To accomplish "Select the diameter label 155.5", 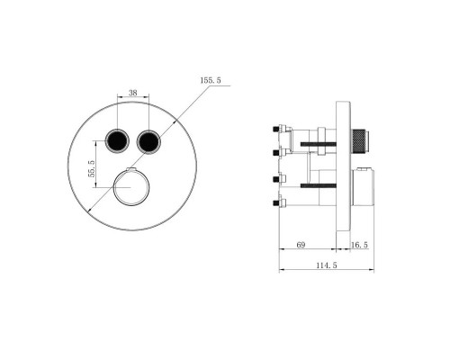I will pos(211,81).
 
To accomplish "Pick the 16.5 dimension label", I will pos(358,245).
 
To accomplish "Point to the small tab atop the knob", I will pos(131,171).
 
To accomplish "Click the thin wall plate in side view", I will pos(342,166).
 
